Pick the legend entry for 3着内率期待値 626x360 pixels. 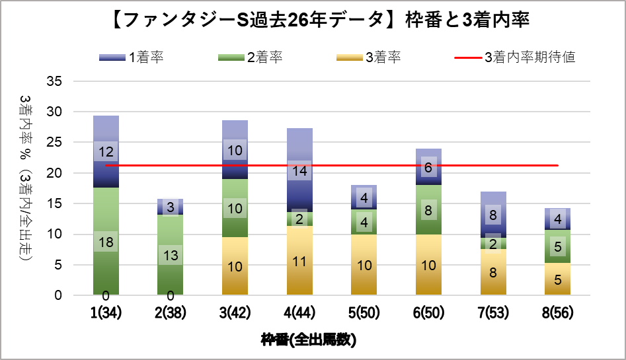click(516, 57)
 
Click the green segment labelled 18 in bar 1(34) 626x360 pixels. click(106, 242)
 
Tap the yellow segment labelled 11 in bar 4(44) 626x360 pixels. click(299, 261)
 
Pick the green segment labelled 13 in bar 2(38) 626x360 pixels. click(171, 255)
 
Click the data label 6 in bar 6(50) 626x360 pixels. click(428, 168)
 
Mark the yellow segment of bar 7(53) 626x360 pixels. click(493, 271)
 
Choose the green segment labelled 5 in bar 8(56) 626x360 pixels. click(558, 246)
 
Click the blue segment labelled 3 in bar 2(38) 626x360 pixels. click(171, 207)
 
